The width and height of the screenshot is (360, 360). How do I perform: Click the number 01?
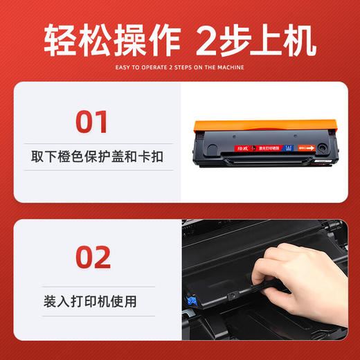pyautogui.click(x=92, y=121)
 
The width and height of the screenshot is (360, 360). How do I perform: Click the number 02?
pyautogui.click(x=92, y=257)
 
